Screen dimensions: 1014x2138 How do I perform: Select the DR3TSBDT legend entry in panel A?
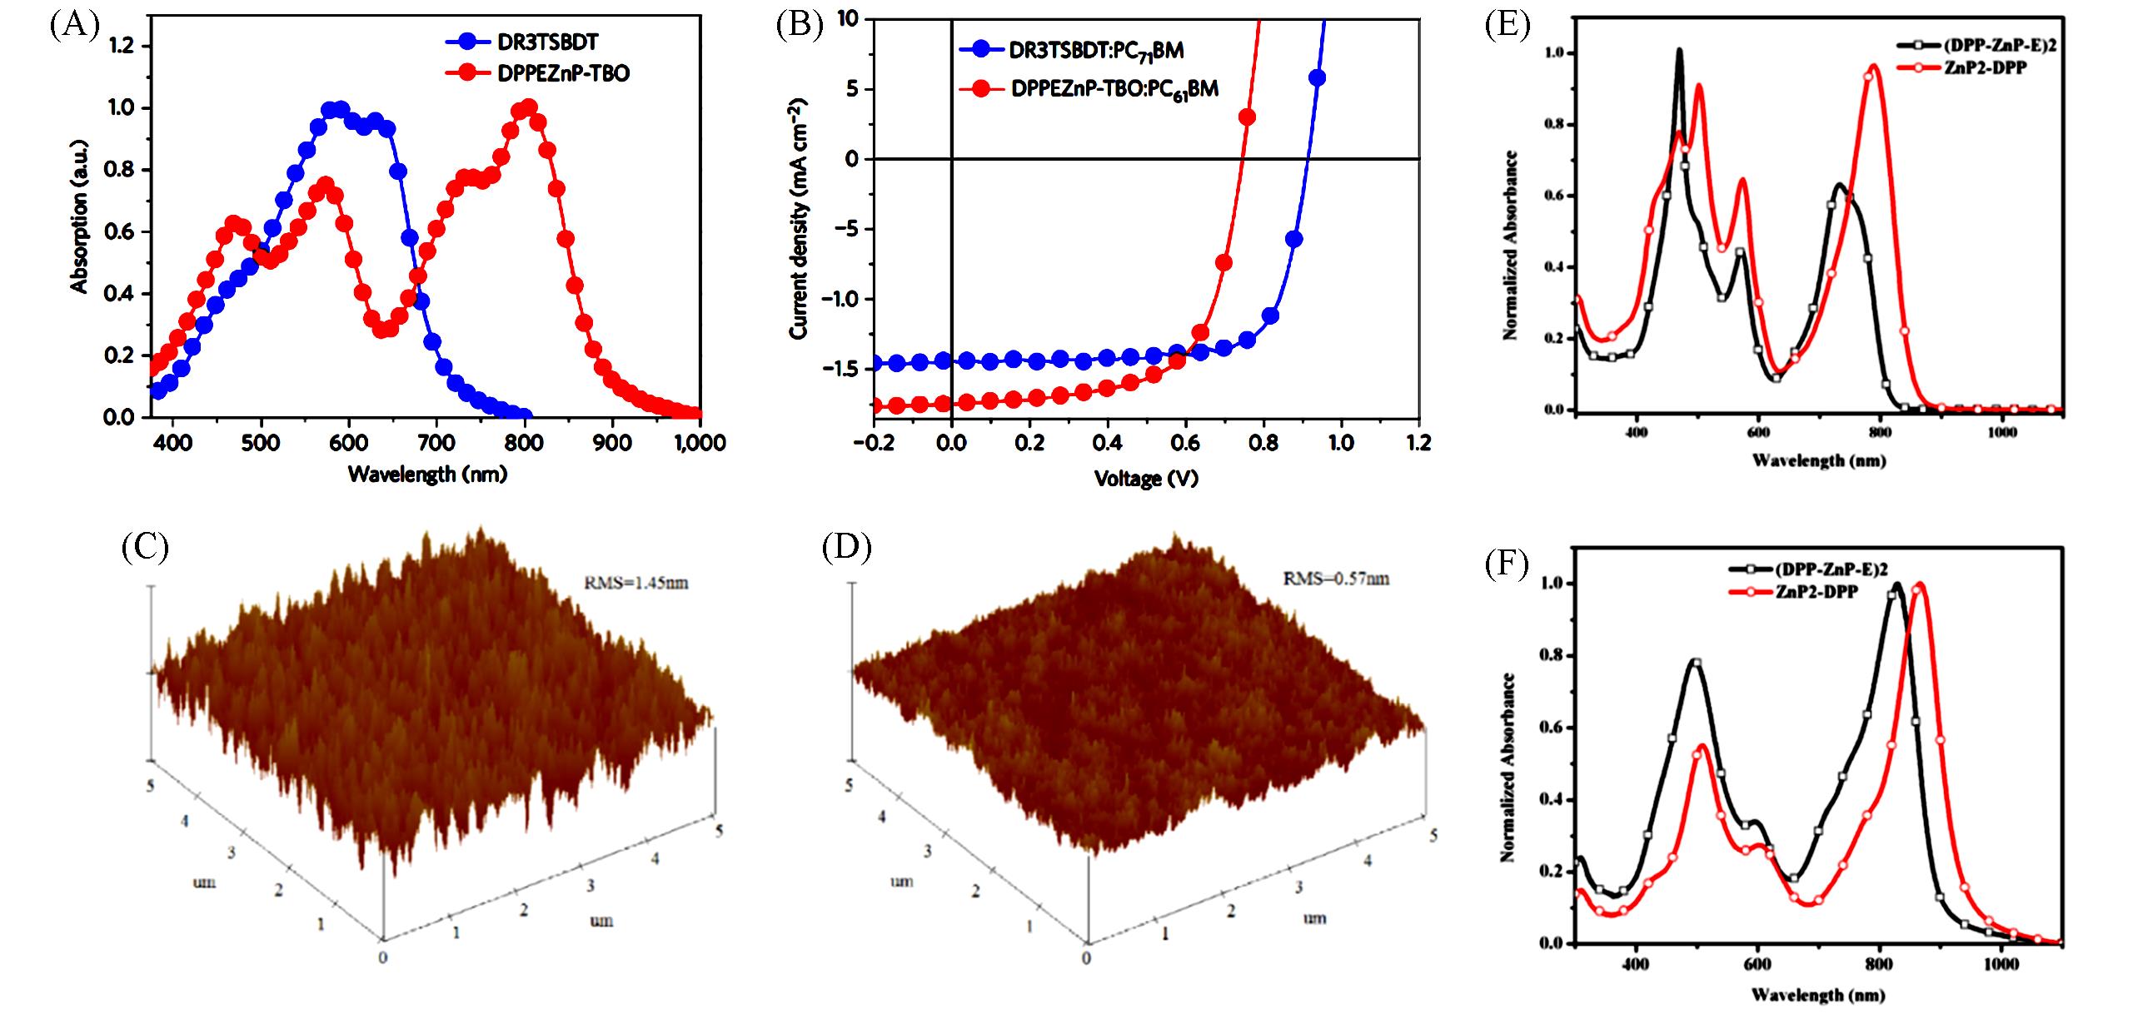547,42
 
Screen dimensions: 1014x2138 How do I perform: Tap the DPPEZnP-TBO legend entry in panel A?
563,73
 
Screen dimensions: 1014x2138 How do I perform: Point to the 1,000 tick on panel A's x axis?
700,443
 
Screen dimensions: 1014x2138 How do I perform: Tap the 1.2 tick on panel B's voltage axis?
1418,443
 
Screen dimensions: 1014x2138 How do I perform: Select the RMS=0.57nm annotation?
1336,578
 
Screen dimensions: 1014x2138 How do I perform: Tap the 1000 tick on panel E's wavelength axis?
2001,433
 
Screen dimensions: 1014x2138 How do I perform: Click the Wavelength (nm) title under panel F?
1818,994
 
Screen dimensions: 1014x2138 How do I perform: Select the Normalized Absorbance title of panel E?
1510,246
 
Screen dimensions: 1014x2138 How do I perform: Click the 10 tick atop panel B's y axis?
847,18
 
